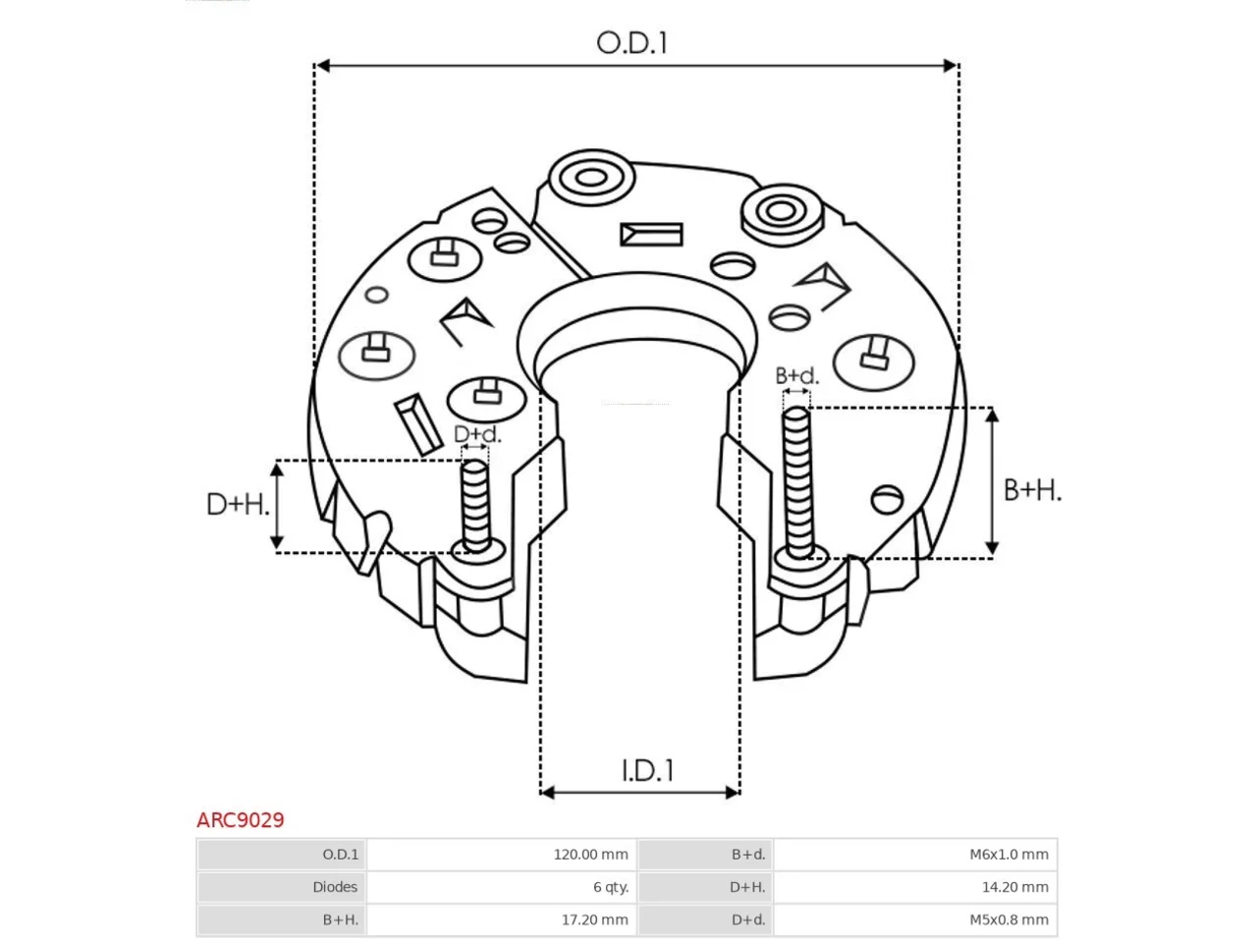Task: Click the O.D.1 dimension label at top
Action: [631, 43]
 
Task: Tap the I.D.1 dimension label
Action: [647, 771]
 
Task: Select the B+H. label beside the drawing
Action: [1032, 490]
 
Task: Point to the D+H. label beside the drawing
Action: [237, 505]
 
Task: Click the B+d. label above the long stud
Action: [796, 375]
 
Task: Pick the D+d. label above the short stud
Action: [477, 434]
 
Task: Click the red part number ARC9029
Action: [240, 820]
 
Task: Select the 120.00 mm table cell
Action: [590, 855]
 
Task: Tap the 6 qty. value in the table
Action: [611, 887]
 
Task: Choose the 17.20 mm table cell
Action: [594, 919]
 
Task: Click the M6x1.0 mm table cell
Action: [1009, 855]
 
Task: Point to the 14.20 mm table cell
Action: [1014, 887]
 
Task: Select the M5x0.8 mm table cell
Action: [1009, 919]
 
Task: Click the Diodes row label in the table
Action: [335, 887]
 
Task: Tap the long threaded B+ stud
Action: [797, 482]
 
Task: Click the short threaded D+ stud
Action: [475, 506]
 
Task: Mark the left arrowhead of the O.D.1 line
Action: [322, 66]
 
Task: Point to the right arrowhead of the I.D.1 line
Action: [733, 793]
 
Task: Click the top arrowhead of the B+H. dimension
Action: [993, 416]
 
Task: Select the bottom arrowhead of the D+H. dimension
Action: [277, 542]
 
